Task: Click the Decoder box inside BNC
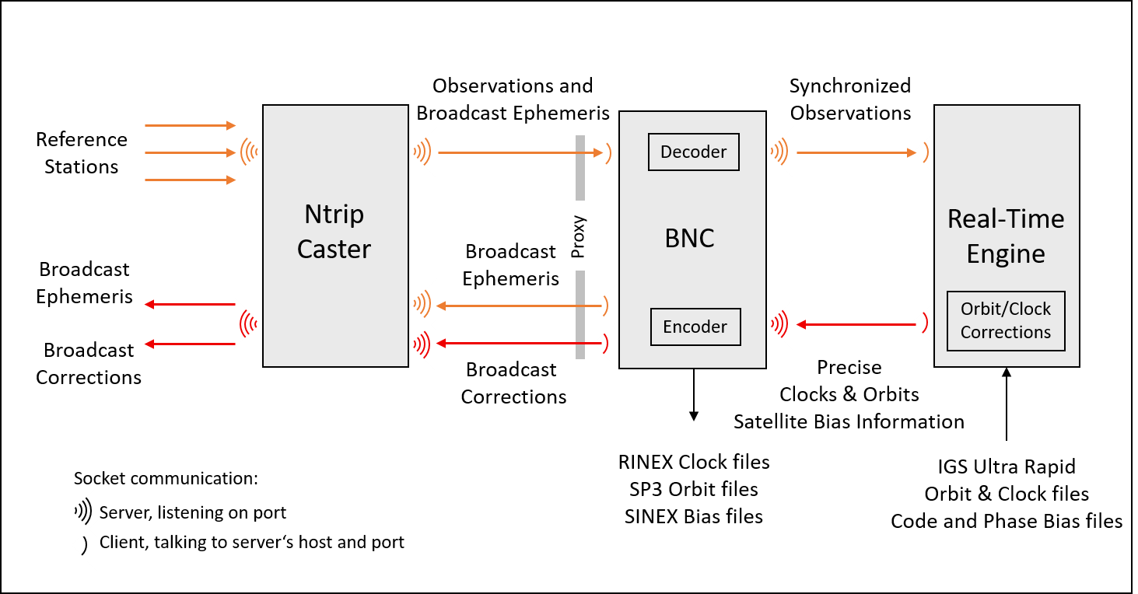[x=693, y=152]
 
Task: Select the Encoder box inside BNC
[x=695, y=327]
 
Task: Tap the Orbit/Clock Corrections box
[x=1005, y=321]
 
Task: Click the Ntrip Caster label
[x=334, y=232]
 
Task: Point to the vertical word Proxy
[x=579, y=236]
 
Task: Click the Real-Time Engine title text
[x=1006, y=236]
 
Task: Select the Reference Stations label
[x=81, y=153]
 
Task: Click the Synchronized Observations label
[x=850, y=100]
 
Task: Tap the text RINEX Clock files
[x=694, y=463]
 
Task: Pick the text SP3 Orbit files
[x=694, y=489]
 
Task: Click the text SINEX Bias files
[x=694, y=516]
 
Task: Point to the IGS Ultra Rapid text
[x=1007, y=467]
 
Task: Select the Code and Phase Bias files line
[x=1007, y=521]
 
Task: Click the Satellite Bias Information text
[x=849, y=422]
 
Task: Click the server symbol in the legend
[x=83, y=512]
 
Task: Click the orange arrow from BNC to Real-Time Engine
[x=856, y=153]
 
